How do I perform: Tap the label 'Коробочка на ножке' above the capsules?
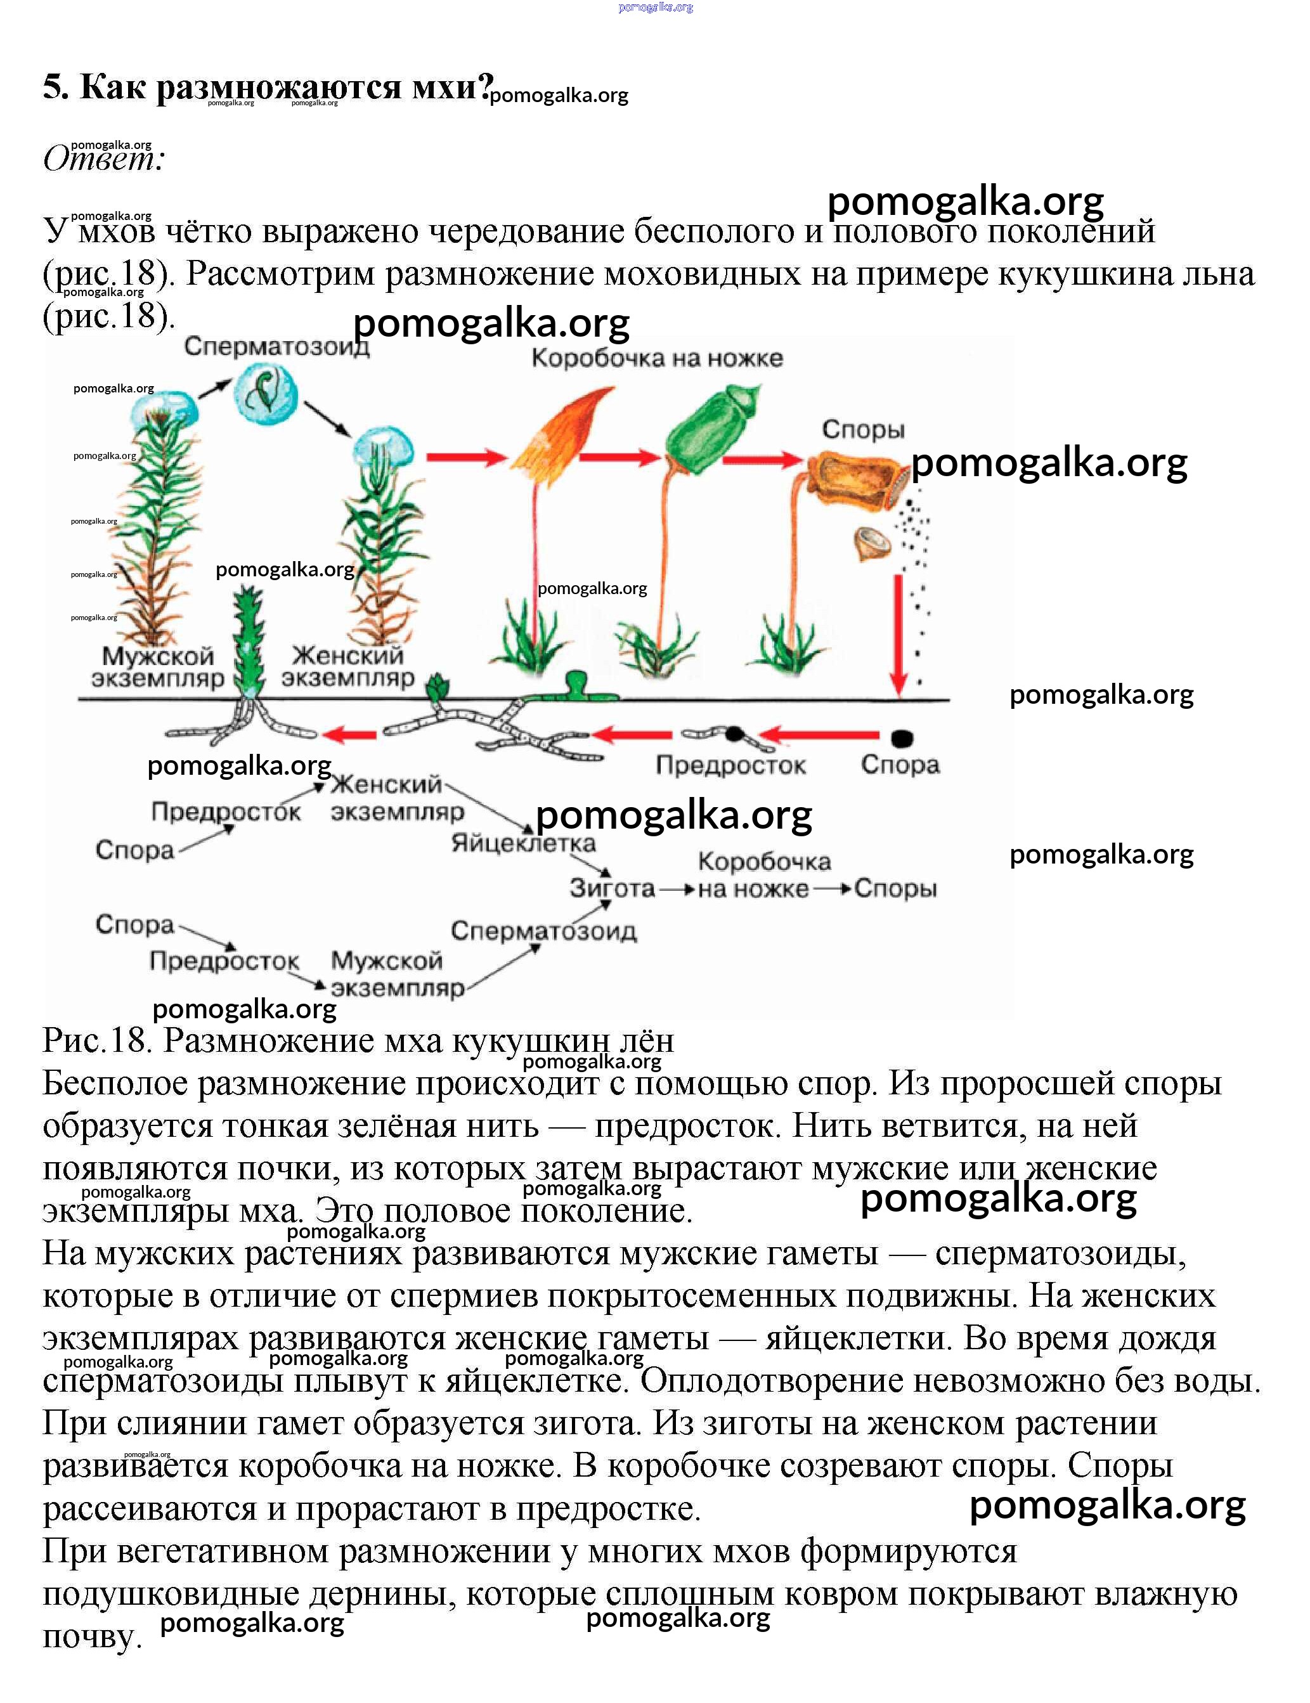click(656, 359)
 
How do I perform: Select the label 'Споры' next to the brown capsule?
click(863, 430)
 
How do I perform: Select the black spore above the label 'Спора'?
click(902, 737)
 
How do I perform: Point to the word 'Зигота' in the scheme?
click(612, 888)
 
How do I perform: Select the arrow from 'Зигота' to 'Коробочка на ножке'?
click(676, 889)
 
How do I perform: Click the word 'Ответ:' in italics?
click(104, 159)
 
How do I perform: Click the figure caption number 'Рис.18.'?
click(98, 1041)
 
